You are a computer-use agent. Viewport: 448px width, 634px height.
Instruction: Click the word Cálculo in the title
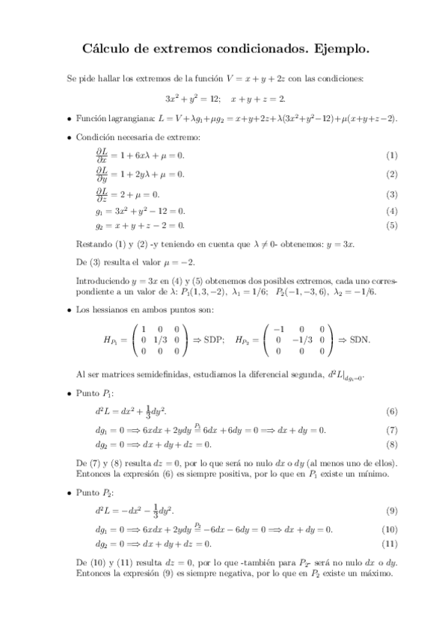click(x=108, y=50)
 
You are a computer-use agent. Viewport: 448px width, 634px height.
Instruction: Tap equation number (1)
click(x=390, y=156)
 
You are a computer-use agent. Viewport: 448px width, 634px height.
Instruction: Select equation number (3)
click(x=390, y=194)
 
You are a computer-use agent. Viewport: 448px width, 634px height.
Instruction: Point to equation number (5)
click(x=390, y=225)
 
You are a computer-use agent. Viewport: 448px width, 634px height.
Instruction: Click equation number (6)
click(x=390, y=412)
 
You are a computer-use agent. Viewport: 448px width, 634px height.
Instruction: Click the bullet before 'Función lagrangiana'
click(x=70, y=118)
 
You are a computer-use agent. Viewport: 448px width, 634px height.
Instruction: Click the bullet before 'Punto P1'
click(x=70, y=393)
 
